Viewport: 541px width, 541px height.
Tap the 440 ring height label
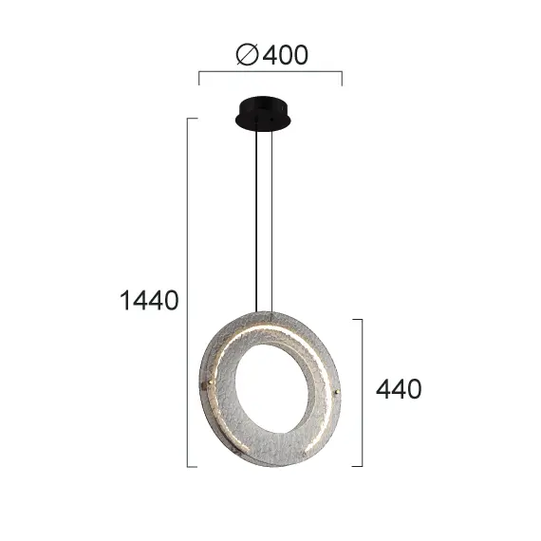pyautogui.click(x=400, y=389)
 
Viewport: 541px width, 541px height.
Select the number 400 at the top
pyautogui.click(x=285, y=56)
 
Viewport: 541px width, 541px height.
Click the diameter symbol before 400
pyautogui.click(x=245, y=56)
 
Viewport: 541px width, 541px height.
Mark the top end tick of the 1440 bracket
pyautogui.click(x=194, y=119)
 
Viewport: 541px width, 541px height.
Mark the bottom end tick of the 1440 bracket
pyautogui.click(x=194, y=466)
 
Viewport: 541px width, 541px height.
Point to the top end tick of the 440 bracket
pyautogui.click(x=358, y=319)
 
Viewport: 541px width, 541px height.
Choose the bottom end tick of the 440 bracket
pyautogui.click(x=358, y=466)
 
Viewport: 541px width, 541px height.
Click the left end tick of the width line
pyautogui.click(x=198, y=78)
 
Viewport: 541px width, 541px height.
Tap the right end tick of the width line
pyautogui.click(x=342, y=78)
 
